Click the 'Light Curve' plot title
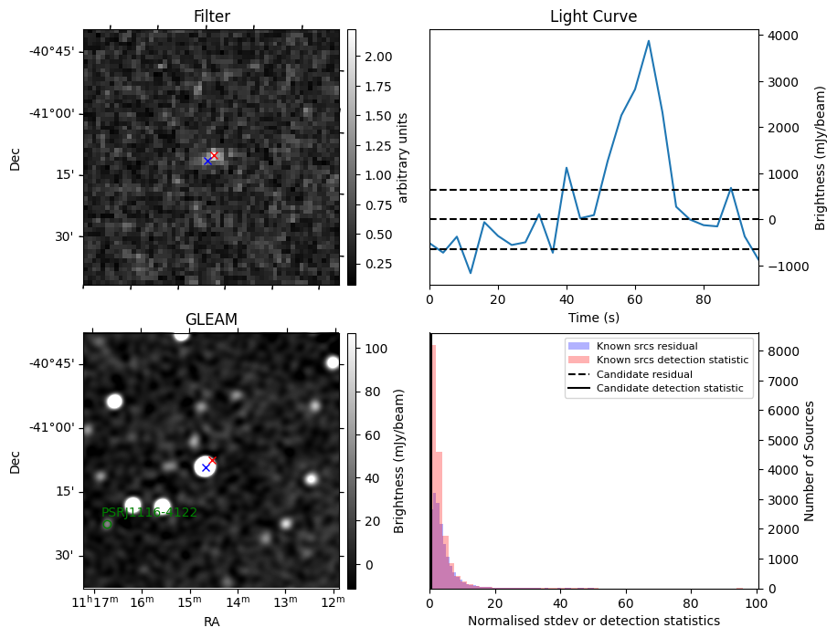click(x=593, y=16)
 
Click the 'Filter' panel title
click(x=211, y=16)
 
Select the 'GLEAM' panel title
click(x=211, y=319)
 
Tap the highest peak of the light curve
click(x=648, y=41)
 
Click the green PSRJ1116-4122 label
click(x=149, y=512)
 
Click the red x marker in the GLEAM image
click(x=213, y=460)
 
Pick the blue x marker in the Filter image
click(x=207, y=161)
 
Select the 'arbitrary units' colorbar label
click(x=404, y=157)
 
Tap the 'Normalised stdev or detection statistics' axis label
click(x=593, y=622)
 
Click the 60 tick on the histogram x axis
click(x=626, y=603)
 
